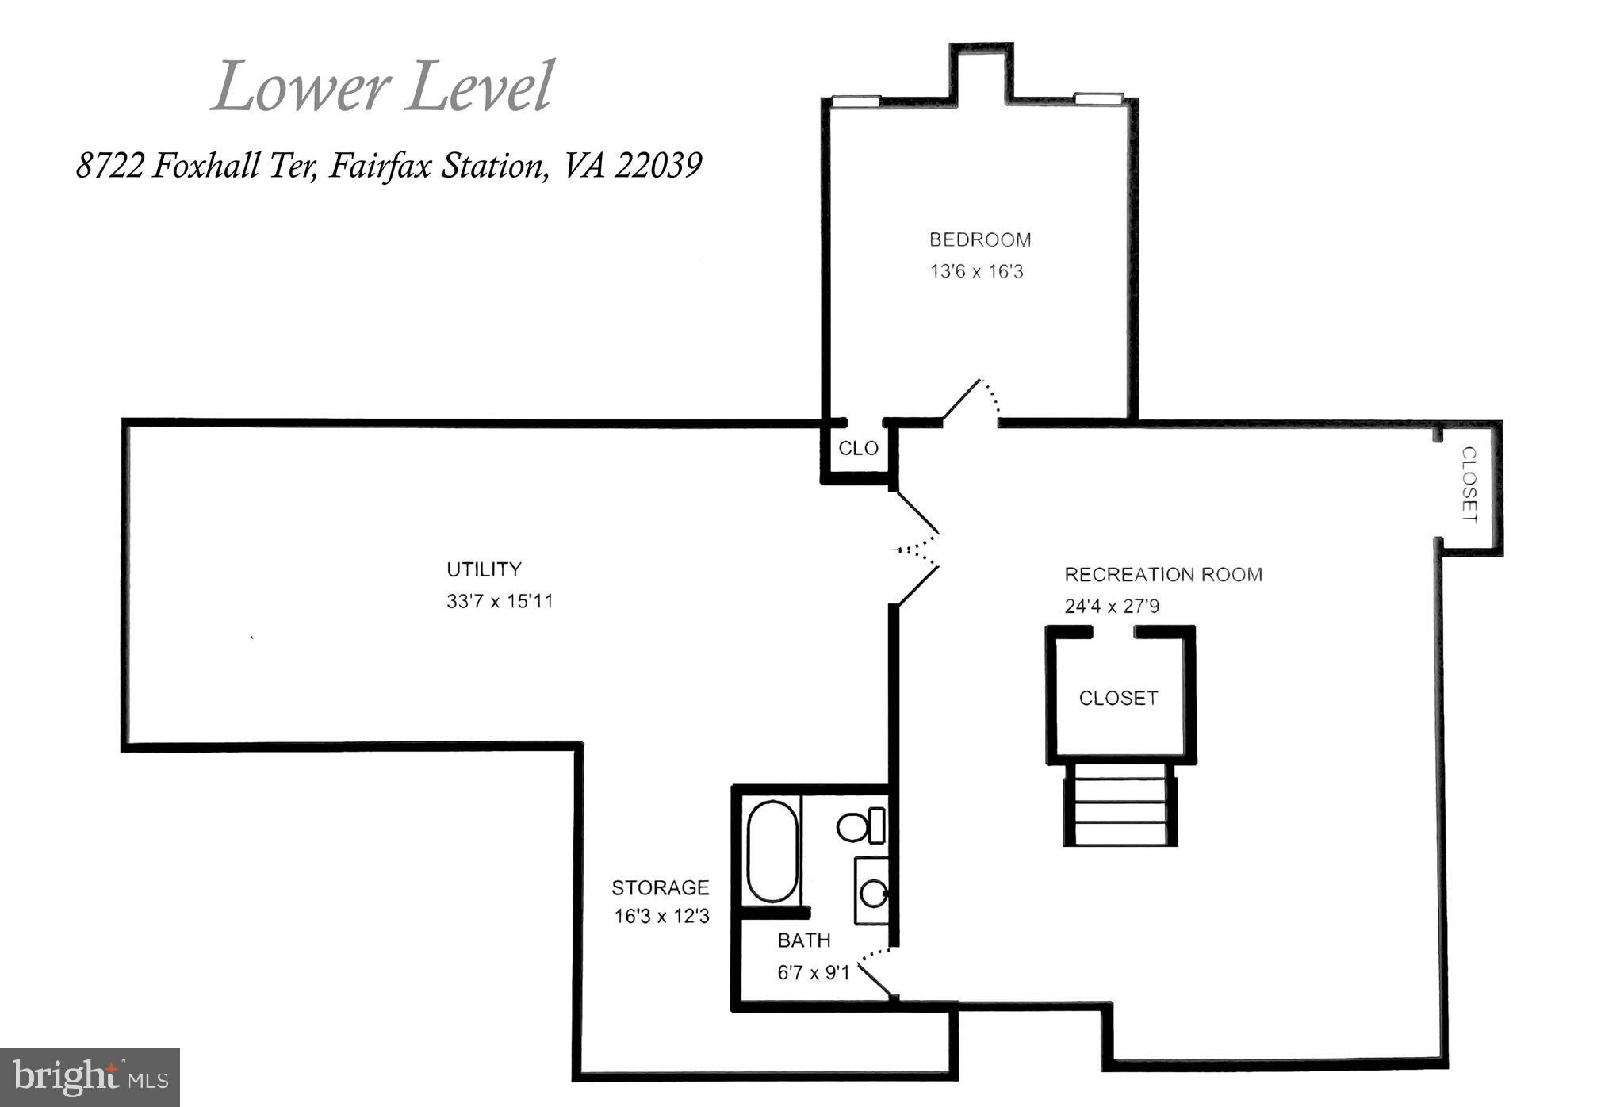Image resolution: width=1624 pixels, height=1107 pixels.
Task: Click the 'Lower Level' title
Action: pyautogui.click(x=382, y=86)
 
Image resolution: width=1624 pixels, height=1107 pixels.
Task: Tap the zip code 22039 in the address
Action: pyautogui.click(x=658, y=166)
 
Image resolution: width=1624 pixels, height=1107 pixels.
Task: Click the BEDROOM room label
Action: pyautogui.click(x=980, y=239)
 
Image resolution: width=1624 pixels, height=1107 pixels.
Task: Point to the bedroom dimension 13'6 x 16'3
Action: pyautogui.click(x=977, y=272)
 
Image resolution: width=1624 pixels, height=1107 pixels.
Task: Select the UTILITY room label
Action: pyautogui.click(x=484, y=569)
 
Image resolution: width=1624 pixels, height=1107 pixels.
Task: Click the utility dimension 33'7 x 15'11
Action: pyautogui.click(x=500, y=601)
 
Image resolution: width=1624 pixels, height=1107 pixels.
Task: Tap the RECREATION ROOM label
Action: pyautogui.click(x=1163, y=574)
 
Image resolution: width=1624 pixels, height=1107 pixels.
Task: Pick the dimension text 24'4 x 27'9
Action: pyautogui.click(x=1112, y=607)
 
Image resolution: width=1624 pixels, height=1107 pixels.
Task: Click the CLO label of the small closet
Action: pyautogui.click(x=859, y=449)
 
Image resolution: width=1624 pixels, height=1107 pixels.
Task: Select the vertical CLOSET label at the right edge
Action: pyautogui.click(x=1469, y=485)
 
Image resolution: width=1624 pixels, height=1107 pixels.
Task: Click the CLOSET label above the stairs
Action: pyautogui.click(x=1119, y=699)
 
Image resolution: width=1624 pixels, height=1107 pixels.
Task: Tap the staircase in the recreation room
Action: pyautogui.click(x=1120, y=804)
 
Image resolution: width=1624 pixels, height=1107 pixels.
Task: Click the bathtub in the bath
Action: pyautogui.click(x=772, y=852)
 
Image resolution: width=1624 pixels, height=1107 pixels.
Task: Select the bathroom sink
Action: pyautogui.click(x=871, y=891)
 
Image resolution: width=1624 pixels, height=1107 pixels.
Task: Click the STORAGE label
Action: pyautogui.click(x=661, y=887)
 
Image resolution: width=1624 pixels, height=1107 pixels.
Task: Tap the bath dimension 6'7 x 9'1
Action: pyautogui.click(x=814, y=972)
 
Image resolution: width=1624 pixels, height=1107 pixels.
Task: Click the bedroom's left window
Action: pyautogui.click(x=856, y=102)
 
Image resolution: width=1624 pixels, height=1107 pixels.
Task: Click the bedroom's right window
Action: pyautogui.click(x=1099, y=98)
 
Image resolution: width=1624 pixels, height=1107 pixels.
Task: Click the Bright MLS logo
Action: pyautogui.click(x=90, y=1078)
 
